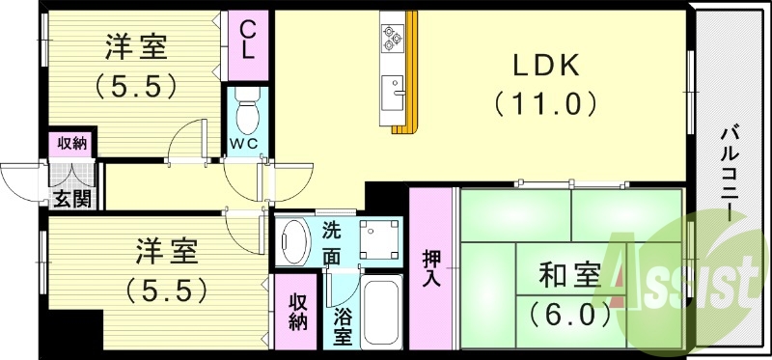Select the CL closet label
pyautogui.click(x=248, y=40)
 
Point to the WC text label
pyautogui.click(x=243, y=146)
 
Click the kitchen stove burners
pyautogui.click(x=394, y=37)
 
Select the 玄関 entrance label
pyautogui.click(x=70, y=200)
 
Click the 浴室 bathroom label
pyautogui.click(x=343, y=325)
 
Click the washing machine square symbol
pyautogui.click(x=379, y=239)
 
